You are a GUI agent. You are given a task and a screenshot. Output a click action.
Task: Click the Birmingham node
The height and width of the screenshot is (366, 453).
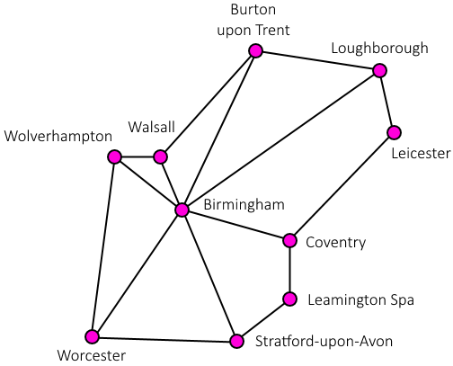(x=182, y=210)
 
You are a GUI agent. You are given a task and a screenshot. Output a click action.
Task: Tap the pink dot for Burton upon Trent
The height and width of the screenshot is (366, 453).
(x=255, y=50)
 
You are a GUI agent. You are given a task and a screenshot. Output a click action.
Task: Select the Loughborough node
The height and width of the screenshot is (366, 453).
(x=380, y=71)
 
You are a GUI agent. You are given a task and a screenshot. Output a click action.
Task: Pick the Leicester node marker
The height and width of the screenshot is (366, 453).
(x=394, y=132)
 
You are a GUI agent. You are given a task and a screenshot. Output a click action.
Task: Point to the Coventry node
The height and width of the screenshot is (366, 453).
(x=289, y=240)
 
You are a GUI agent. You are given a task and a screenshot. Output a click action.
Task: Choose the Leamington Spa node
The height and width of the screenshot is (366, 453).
(x=289, y=299)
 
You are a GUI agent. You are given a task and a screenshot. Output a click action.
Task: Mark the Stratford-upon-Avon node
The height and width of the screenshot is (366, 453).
(x=237, y=341)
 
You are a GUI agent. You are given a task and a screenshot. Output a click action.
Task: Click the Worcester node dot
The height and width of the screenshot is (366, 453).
(x=92, y=336)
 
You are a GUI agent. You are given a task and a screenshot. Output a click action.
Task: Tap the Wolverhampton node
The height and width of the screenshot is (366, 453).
(x=114, y=156)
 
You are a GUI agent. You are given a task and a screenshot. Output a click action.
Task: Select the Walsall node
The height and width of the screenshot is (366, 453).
(x=160, y=156)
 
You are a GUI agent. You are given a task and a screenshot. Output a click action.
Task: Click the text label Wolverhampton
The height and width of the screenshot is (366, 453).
(x=58, y=137)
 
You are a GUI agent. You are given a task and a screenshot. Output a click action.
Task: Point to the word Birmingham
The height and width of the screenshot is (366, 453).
(x=244, y=205)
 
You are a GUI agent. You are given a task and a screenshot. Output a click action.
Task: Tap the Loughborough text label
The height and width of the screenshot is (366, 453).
(x=379, y=49)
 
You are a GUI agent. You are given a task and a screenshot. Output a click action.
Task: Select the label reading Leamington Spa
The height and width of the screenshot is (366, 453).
(x=361, y=300)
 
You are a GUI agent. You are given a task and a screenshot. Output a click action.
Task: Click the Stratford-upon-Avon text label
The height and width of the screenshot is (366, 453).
(x=324, y=341)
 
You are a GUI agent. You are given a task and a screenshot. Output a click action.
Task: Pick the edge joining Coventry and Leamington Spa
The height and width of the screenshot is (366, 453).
(x=289, y=270)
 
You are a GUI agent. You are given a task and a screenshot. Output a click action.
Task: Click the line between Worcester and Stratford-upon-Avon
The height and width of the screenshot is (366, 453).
(x=164, y=339)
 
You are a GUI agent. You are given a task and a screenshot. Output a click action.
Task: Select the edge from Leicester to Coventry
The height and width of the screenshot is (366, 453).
(x=342, y=186)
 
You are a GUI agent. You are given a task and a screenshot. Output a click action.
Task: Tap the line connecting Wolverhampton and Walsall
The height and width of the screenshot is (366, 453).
(x=138, y=156)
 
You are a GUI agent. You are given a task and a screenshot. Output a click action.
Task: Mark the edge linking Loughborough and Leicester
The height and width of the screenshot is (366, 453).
(x=386, y=102)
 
